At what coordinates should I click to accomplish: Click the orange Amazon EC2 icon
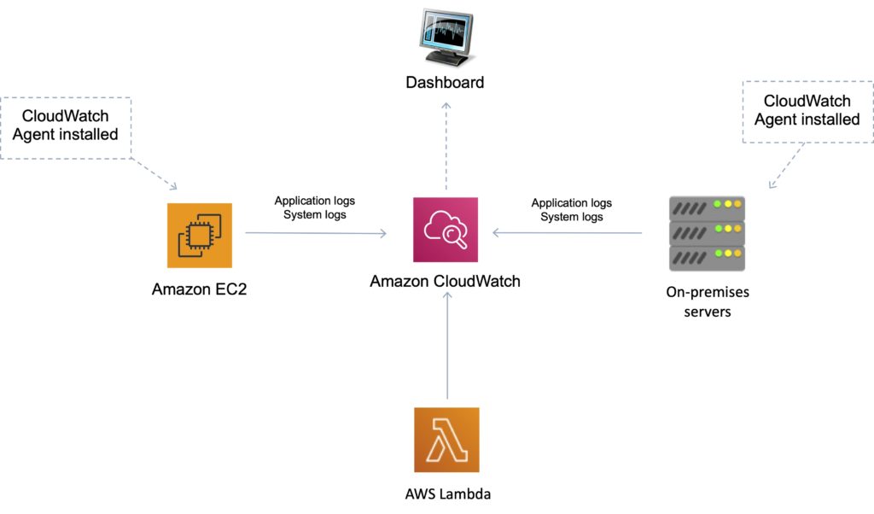point(199,236)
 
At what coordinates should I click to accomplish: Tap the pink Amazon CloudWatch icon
point(445,230)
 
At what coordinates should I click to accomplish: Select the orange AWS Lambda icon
point(446,440)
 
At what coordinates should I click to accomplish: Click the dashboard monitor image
point(445,37)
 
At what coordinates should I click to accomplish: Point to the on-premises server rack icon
point(707,233)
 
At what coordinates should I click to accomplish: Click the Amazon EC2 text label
point(200,289)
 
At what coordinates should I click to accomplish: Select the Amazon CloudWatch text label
point(445,281)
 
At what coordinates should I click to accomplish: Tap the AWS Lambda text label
point(447,494)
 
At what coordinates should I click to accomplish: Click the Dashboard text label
point(445,83)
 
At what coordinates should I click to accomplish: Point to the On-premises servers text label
point(707,301)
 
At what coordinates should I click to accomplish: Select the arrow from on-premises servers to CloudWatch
point(567,231)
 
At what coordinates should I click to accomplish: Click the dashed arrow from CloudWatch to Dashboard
point(445,145)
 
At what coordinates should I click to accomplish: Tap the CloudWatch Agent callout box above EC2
point(66,127)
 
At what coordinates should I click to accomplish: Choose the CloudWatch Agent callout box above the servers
point(807,111)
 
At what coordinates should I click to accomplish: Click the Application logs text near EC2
point(314,201)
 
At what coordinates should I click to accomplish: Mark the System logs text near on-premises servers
point(571,217)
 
